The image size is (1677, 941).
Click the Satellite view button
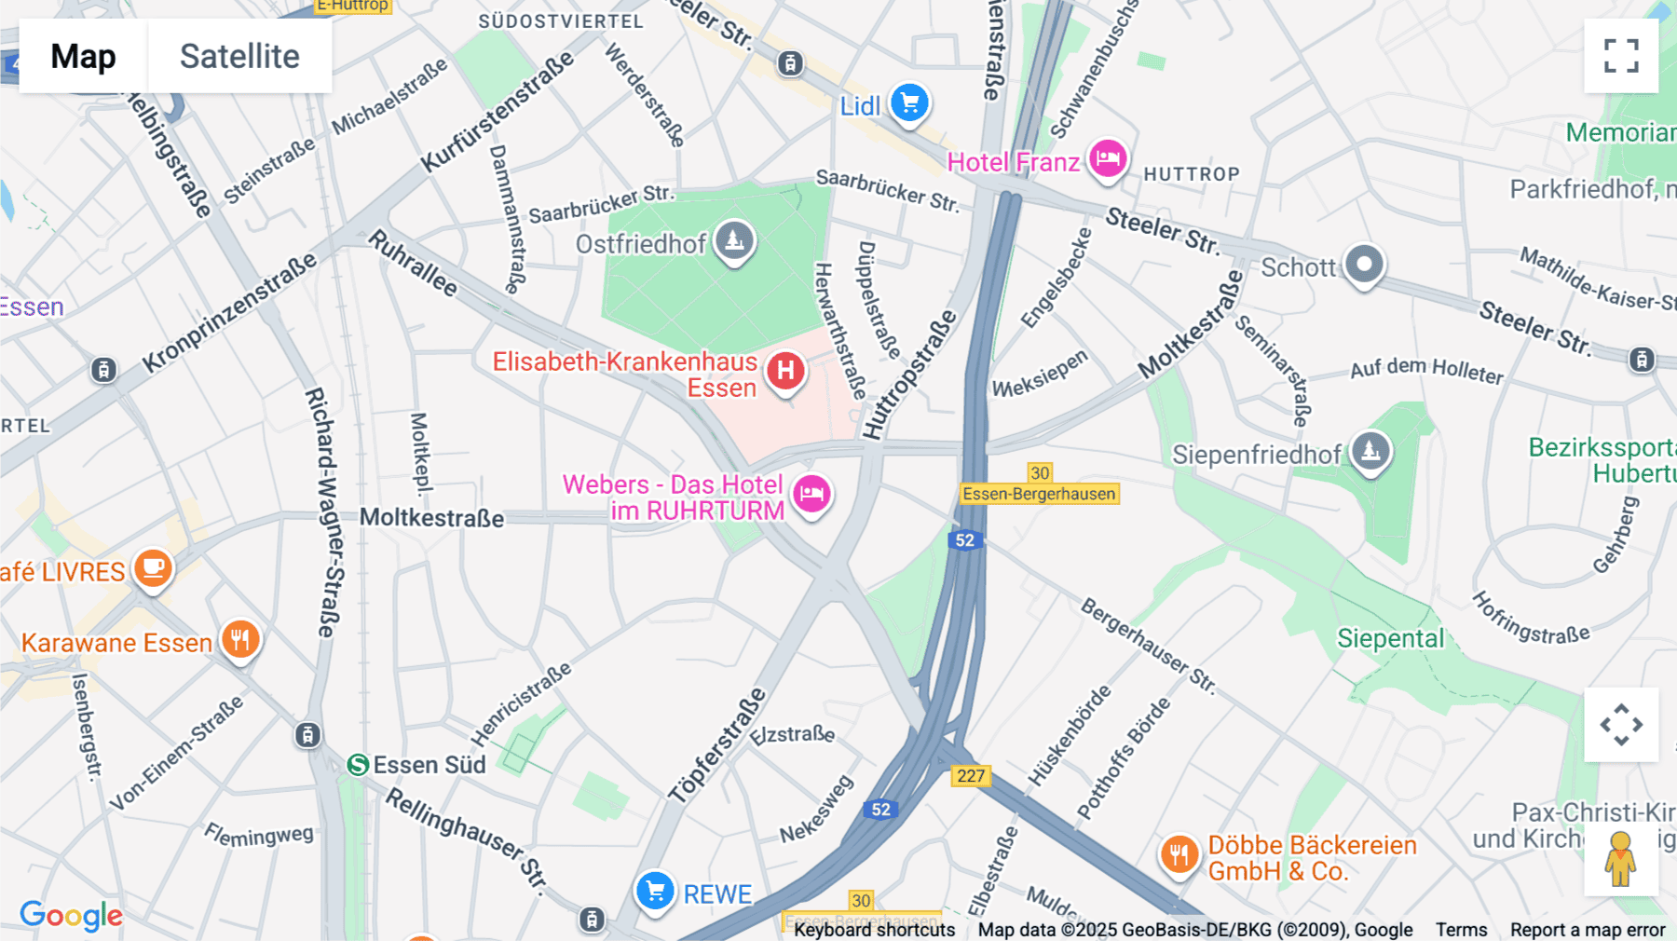(239, 56)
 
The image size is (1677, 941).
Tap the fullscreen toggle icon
(1621, 56)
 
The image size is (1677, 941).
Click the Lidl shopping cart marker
(909, 102)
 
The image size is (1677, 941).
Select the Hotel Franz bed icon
(1107, 158)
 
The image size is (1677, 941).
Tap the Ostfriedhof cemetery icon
(734, 241)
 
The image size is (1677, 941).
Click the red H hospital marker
(785, 371)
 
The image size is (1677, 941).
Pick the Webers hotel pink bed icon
(811, 494)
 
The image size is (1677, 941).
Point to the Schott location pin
(1364, 265)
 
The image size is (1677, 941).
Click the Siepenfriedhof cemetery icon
(1370, 452)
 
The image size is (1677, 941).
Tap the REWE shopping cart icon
(655, 892)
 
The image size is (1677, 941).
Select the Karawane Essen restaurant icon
(240, 640)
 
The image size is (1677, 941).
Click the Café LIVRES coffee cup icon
(153, 567)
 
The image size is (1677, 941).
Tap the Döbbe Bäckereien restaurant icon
(1179, 854)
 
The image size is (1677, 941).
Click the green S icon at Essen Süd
(358, 765)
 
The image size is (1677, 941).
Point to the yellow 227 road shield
(970, 776)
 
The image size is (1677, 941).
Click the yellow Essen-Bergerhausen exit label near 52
(1039, 494)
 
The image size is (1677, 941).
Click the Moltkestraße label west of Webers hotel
(431, 518)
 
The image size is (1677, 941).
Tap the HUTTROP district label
(1191, 174)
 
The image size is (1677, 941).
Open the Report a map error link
(1587, 930)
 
